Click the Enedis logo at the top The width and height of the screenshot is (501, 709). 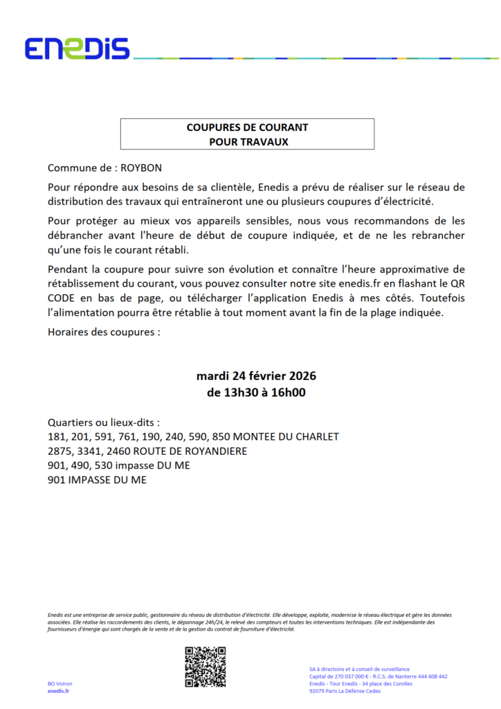(77, 48)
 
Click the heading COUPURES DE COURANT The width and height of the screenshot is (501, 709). (247, 127)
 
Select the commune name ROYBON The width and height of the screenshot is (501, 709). (144, 168)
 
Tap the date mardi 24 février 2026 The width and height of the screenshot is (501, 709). (257, 377)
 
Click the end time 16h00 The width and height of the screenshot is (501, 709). (291, 393)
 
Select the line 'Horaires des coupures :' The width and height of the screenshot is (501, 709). (104, 331)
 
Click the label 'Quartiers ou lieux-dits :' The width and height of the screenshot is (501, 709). (104, 422)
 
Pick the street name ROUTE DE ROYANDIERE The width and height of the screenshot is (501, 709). (181, 451)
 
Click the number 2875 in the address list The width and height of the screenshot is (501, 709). (60, 451)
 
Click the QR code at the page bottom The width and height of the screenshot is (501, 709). (206, 666)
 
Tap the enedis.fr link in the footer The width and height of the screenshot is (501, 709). (58, 691)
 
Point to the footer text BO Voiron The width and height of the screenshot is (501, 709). (61, 684)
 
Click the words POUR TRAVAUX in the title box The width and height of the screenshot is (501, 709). (247, 141)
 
